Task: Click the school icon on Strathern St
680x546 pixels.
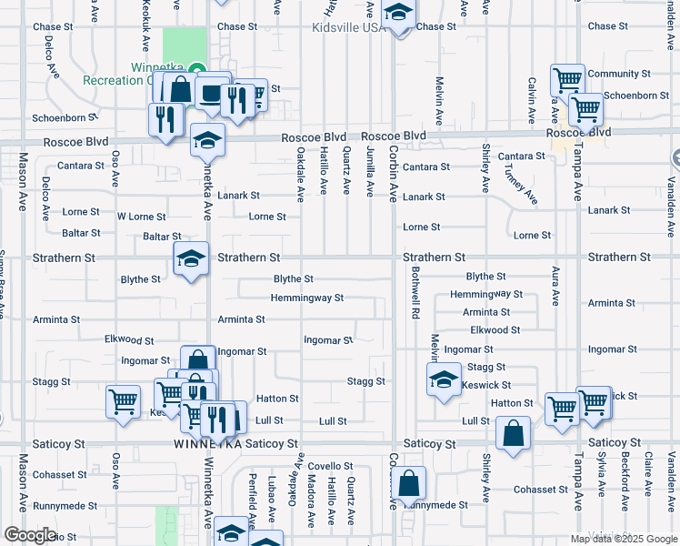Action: point(191,259)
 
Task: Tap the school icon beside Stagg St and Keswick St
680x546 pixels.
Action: point(443,379)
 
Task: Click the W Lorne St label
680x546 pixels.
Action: point(142,217)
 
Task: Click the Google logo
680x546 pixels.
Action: point(30,535)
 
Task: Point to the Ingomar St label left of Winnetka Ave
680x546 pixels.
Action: point(145,361)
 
